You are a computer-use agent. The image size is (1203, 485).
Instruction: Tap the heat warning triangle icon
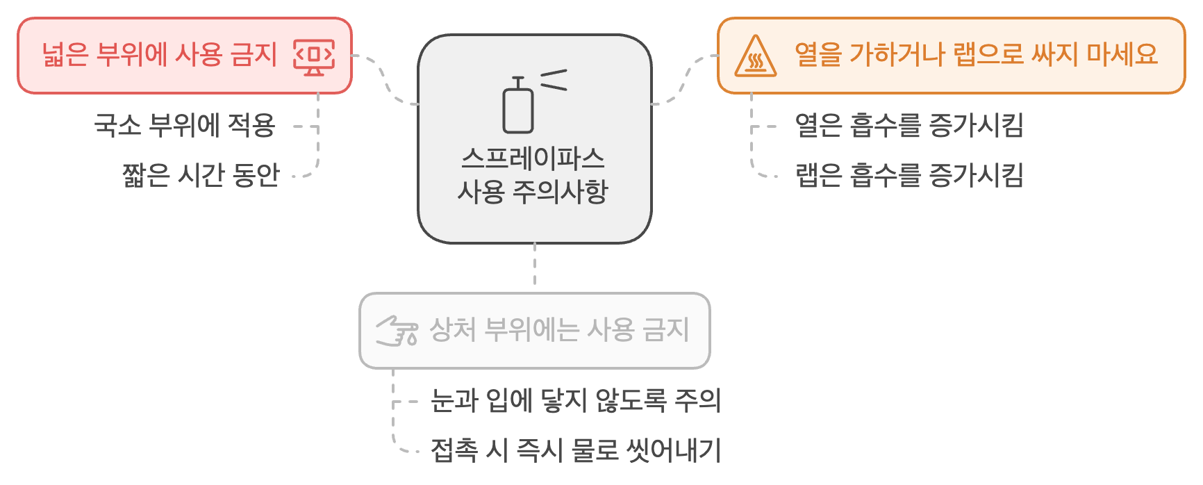pyautogui.click(x=755, y=56)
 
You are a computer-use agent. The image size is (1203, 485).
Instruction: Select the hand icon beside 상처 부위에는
pyautogui.click(x=397, y=330)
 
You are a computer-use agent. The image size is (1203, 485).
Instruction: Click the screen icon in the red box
pyautogui.click(x=314, y=56)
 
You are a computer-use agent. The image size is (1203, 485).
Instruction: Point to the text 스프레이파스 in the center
pyautogui.click(x=533, y=159)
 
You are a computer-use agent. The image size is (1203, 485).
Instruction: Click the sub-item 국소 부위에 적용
pyautogui.click(x=185, y=126)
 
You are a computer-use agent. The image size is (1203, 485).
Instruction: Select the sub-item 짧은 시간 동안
pyautogui.click(x=201, y=174)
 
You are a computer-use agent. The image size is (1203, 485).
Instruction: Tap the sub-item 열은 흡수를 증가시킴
pyautogui.click(x=909, y=126)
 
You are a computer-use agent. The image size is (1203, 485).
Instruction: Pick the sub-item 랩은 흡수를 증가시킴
pyautogui.click(x=909, y=174)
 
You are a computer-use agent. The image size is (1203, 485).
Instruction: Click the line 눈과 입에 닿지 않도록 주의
pyautogui.click(x=575, y=400)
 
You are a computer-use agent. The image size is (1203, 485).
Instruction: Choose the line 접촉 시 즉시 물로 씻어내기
pyautogui.click(x=575, y=450)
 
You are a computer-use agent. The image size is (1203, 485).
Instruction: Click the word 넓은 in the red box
pyautogui.click(x=65, y=55)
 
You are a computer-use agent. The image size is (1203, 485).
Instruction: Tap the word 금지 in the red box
pyautogui.click(x=254, y=55)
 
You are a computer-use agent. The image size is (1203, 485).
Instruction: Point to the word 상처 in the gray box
pyautogui.click(x=452, y=329)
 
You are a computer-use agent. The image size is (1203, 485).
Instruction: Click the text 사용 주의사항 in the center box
pyautogui.click(x=533, y=191)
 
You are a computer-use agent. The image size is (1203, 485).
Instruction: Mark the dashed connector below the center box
pyautogui.click(x=534, y=265)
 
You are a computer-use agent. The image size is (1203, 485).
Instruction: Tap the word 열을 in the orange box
pyautogui.click(x=818, y=54)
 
